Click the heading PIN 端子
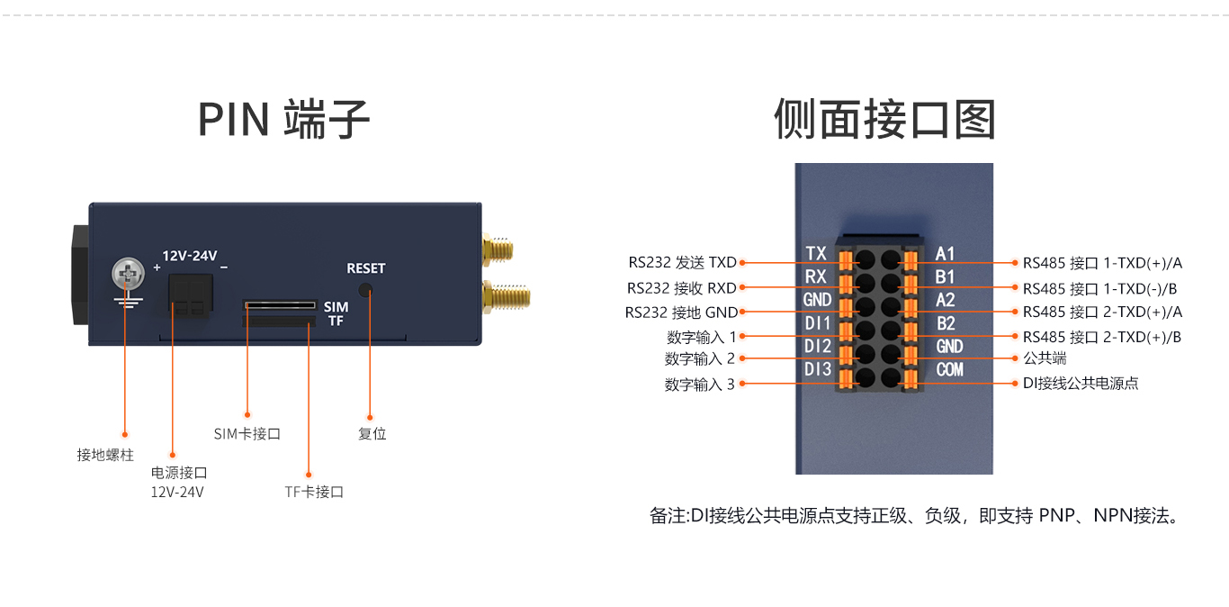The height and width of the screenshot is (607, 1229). (283, 120)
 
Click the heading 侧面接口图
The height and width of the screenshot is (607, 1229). (884, 120)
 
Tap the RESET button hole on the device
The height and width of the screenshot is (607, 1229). (364, 290)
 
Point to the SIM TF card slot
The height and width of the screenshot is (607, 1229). (280, 313)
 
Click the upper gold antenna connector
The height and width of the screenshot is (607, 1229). (500, 249)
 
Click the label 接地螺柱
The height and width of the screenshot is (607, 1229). (105, 455)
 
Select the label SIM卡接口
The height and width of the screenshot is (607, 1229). (247, 433)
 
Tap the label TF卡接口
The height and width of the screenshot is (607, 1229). (314, 492)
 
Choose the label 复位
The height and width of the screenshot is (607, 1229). (372, 433)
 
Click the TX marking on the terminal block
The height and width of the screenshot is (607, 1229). (816, 254)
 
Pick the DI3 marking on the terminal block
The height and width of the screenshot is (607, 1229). (818, 369)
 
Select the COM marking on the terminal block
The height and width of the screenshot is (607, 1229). (949, 369)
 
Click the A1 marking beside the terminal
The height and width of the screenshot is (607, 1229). (945, 254)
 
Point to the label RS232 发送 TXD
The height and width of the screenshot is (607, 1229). (682, 263)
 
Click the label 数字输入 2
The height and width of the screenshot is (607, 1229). (699, 358)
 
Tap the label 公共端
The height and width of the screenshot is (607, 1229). (1045, 358)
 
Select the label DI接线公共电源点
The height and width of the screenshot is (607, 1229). (1080, 383)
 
